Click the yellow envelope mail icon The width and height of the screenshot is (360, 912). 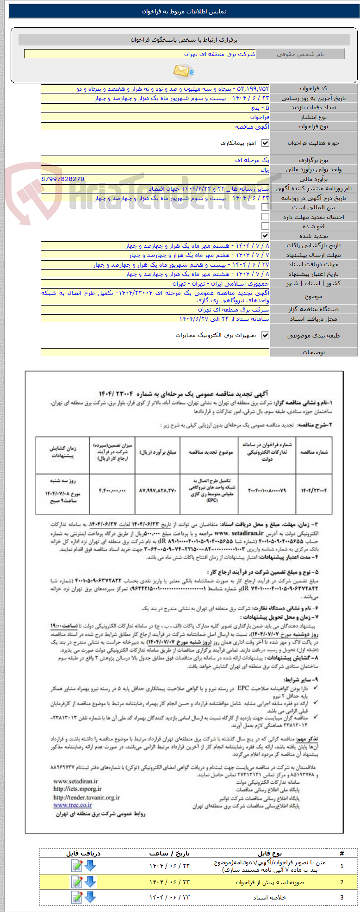183,71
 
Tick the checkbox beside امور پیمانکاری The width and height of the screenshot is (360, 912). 265,143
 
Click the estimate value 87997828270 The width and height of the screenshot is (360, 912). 63,179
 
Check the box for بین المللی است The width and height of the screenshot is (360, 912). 265,207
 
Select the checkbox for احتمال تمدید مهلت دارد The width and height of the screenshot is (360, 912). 265,217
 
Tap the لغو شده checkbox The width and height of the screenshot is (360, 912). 265,226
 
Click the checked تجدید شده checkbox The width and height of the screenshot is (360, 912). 265,236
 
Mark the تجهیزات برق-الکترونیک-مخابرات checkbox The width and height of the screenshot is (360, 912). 265,336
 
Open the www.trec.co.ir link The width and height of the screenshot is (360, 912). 72,805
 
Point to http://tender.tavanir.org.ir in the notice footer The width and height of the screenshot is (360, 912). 87,797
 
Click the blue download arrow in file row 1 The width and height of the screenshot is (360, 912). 90,865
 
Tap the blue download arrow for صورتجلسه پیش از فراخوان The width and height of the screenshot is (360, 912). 90,882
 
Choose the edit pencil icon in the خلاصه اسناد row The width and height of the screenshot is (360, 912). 77,897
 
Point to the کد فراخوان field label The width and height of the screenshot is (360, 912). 314,88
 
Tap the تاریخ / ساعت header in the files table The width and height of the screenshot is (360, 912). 169,853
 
